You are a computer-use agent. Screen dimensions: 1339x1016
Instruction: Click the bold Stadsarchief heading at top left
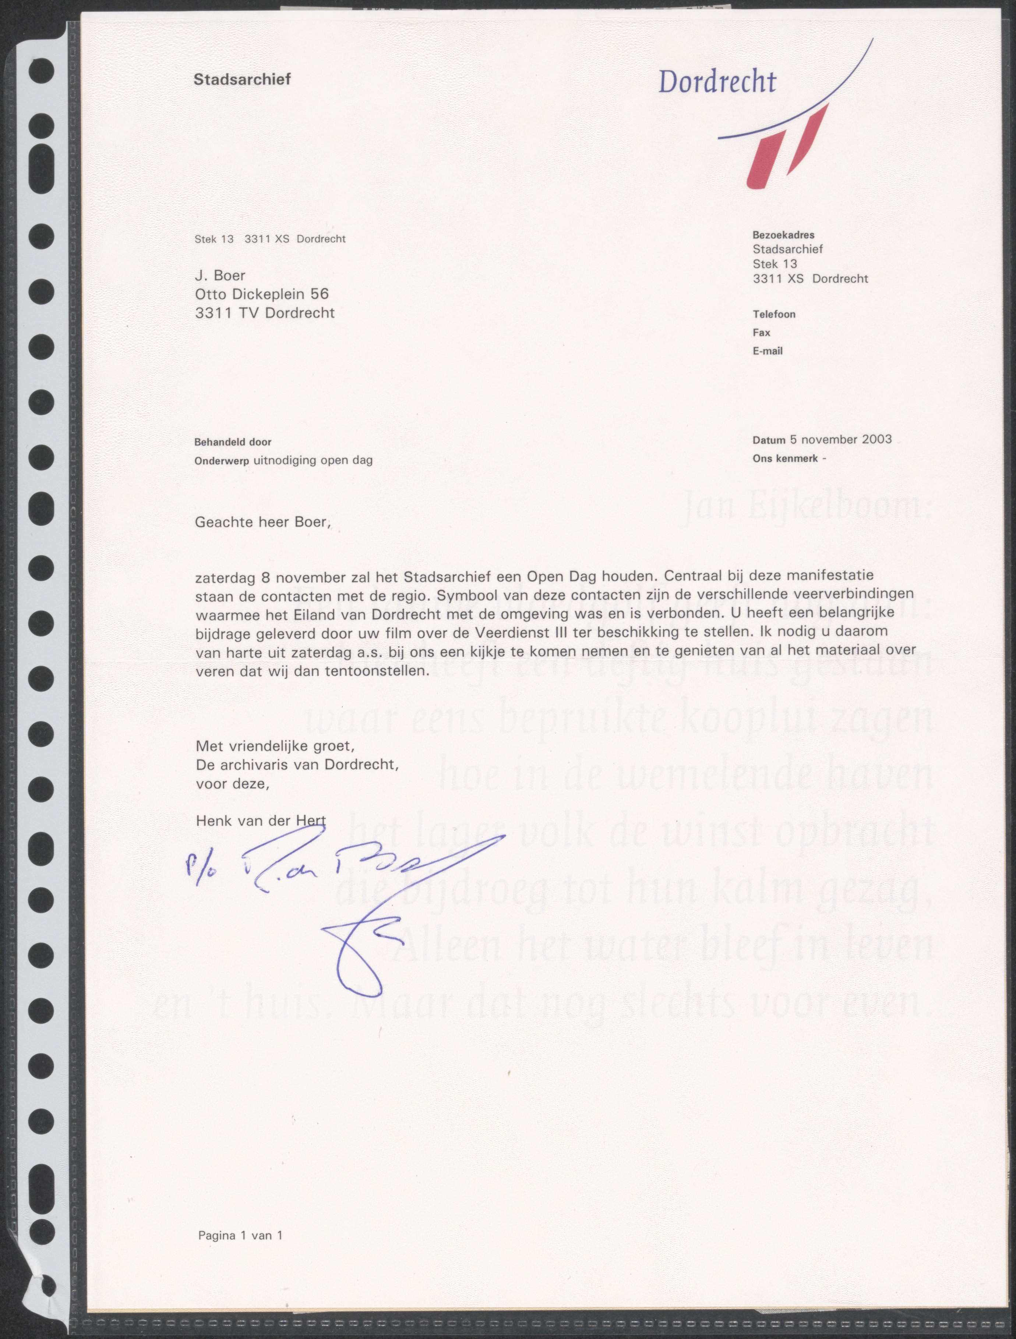pos(242,79)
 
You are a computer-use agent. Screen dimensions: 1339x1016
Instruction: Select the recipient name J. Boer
pos(220,276)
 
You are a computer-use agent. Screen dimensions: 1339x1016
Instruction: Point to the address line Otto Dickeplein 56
pos(262,294)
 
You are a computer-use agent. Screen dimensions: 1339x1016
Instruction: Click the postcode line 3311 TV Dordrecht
pos(265,313)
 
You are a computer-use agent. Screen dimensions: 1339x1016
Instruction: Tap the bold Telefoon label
pos(774,314)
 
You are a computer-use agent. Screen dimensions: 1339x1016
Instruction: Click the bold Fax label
pos(761,332)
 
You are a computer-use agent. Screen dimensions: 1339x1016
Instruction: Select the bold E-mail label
pos(767,351)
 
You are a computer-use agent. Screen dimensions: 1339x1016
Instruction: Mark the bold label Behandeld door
pos(233,443)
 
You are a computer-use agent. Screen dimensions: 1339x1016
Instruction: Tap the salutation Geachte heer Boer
pos(263,522)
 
